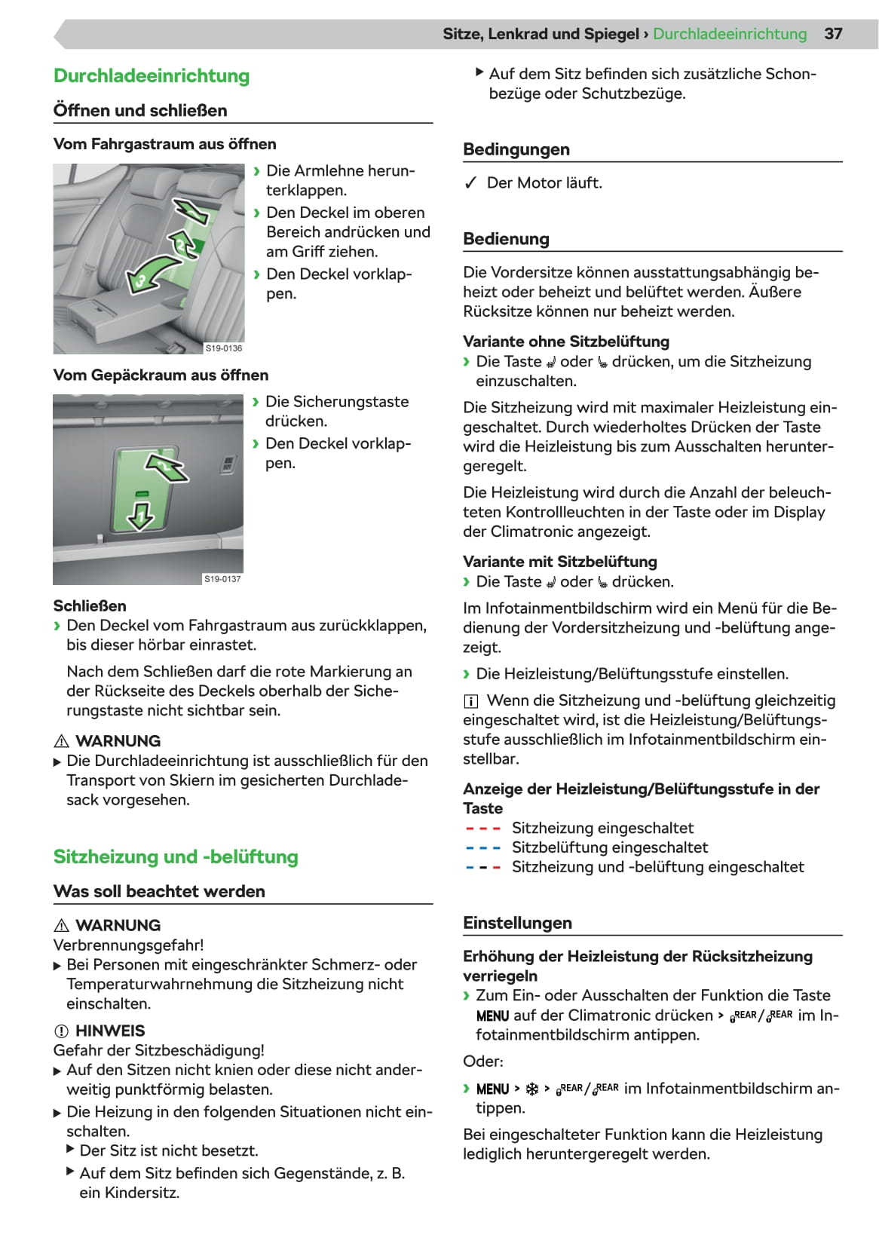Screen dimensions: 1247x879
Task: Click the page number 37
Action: click(x=833, y=34)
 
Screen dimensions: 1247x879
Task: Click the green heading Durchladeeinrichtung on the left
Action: click(x=152, y=76)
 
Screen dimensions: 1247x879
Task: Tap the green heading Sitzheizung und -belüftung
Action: click(x=176, y=857)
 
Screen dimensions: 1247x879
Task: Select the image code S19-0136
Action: click(x=224, y=348)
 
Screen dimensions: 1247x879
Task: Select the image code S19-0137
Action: click(x=222, y=579)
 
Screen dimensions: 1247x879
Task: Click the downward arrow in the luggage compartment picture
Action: click(x=140, y=516)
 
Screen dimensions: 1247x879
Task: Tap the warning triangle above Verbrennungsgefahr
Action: click(x=62, y=926)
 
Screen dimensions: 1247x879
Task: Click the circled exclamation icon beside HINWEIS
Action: click(x=62, y=1031)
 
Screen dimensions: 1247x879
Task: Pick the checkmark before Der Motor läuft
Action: click(x=470, y=183)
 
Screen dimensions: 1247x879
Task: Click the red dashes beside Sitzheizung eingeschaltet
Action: click(x=483, y=829)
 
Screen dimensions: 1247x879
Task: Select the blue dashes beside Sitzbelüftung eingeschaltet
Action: click(x=483, y=848)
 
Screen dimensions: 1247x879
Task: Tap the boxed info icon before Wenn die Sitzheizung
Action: click(x=470, y=701)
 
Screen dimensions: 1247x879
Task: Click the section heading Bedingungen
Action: click(x=516, y=149)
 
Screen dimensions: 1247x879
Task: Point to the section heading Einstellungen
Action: click(x=517, y=924)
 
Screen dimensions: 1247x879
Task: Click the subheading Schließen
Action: click(x=90, y=606)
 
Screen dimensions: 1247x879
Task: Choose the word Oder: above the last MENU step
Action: click(x=483, y=1062)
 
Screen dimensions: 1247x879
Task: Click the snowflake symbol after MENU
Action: click(x=531, y=1089)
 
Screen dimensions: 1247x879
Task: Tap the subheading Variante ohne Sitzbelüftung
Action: click(x=566, y=342)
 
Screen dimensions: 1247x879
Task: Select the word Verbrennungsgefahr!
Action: click(x=128, y=945)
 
